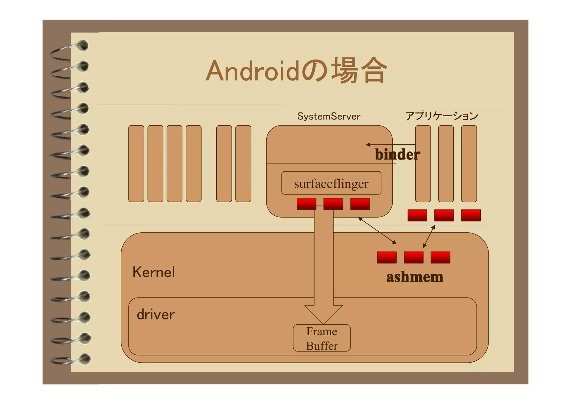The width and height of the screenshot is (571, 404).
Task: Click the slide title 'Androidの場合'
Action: (296, 71)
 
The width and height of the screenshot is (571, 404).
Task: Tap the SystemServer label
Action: (329, 116)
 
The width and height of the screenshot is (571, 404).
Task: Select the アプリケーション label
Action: (441, 116)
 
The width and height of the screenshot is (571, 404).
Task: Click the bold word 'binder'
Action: (397, 154)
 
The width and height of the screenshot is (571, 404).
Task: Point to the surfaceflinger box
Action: (331, 183)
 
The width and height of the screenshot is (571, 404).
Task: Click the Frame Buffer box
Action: (322, 338)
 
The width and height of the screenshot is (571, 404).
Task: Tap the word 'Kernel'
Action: (154, 272)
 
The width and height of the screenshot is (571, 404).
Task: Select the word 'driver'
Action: (156, 314)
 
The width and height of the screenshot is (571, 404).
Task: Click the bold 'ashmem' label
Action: (415, 277)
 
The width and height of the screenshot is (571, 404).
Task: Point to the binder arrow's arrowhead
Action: (368, 145)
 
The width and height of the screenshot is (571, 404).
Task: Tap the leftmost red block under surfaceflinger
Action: (306, 204)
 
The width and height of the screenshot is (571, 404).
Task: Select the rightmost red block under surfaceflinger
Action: (360, 204)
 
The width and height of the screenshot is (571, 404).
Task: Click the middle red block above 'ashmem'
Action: (413, 257)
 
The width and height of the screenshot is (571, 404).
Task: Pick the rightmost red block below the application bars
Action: (471, 215)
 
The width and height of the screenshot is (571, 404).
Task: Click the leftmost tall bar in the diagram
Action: (136, 163)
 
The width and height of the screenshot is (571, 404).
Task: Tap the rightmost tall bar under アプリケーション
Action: (469, 163)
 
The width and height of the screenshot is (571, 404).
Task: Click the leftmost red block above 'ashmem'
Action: (387, 257)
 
